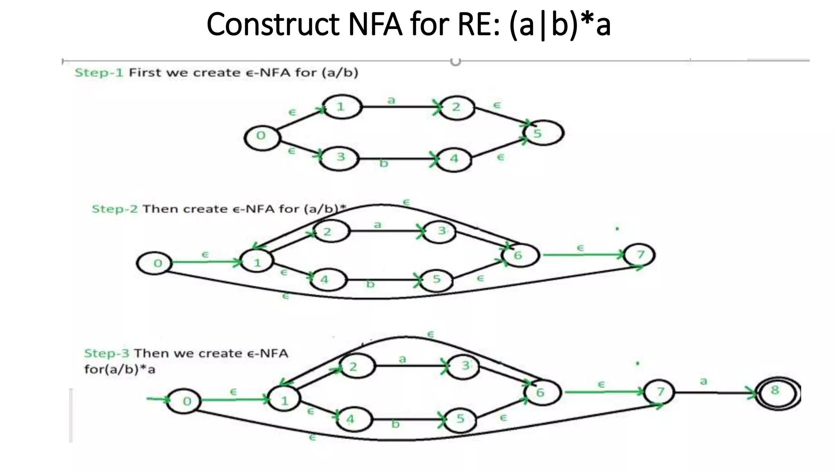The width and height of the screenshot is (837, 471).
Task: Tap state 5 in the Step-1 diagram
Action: click(543, 133)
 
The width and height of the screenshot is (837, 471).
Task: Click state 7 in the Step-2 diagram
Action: click(639, 255)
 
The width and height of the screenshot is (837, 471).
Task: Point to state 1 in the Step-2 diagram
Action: click(257, 262)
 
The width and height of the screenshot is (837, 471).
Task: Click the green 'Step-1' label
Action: click(98, 73)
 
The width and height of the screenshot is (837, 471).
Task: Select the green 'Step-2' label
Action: click(114, 209)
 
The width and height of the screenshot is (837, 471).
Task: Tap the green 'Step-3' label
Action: click(107, 353)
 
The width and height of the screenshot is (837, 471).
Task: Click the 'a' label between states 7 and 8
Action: click(703, 381)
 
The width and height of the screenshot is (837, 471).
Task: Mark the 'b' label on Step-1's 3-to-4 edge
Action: click(383, 163)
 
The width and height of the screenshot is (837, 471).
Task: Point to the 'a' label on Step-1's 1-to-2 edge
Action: click(392, 100)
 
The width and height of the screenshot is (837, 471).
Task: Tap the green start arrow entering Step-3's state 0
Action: click(157, 399)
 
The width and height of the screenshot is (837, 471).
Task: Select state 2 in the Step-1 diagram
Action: click(457, 108)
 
